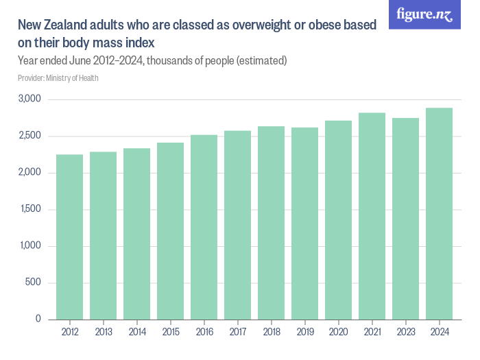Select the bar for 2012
point(69,237)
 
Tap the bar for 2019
point(304,224)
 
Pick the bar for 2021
point(372,216)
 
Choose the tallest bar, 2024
point(439,213)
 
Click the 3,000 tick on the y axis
point(30,99)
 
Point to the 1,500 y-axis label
point(30,209)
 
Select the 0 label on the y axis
point(39,320)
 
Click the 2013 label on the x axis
point(103,333)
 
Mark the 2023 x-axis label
point(405,333)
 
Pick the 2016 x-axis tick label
point(204,333)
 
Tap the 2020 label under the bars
point(338,333)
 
